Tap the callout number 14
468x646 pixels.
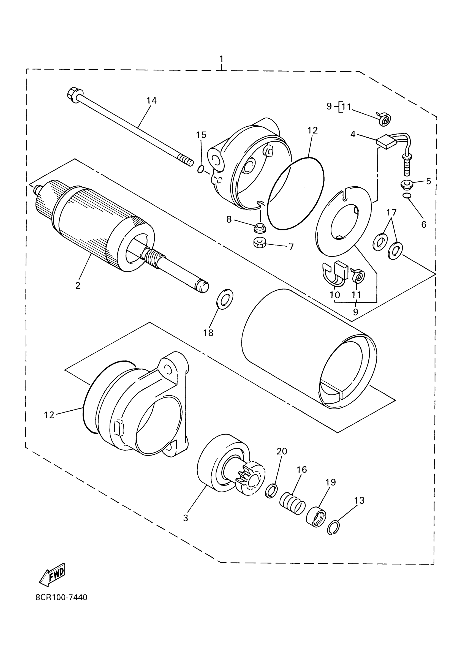(151, 100)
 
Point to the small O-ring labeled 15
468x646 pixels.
(200, 170)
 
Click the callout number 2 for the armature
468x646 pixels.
(78, 285)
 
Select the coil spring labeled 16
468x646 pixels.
(292, 505)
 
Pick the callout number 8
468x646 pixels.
(229, 219)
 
